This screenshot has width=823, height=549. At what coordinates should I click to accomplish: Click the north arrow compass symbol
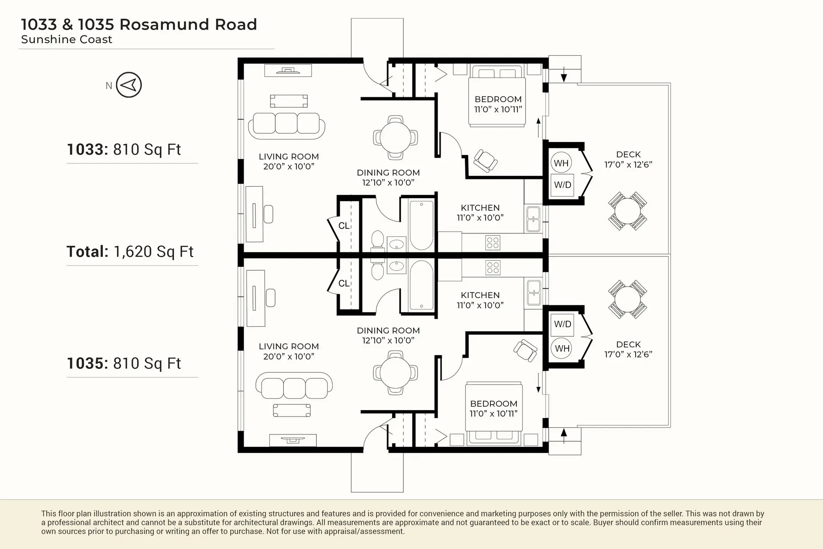[129, 85]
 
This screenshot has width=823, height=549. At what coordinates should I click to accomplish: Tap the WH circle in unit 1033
[561, 163]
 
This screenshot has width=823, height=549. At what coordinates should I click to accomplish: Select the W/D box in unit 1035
[562, 324]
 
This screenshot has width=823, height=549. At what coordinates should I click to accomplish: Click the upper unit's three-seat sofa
[286, 125]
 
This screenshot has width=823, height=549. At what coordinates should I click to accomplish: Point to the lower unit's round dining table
[395, 372]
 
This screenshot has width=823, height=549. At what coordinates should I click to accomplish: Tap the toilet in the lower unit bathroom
[378, 270]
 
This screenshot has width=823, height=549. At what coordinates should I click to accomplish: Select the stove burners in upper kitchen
[493, 243]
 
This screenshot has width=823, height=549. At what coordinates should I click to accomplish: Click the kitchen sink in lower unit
[534, 293]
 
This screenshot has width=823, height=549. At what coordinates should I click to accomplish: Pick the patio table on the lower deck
[627, 299]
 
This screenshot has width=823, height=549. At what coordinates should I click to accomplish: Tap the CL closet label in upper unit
[344, 226]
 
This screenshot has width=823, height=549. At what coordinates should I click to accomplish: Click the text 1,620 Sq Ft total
[153, 252]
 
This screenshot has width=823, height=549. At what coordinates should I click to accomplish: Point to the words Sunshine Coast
[66, 39]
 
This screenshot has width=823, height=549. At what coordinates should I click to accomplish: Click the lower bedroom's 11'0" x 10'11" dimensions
[493, 413]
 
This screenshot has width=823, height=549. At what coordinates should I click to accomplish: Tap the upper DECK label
[628, 154]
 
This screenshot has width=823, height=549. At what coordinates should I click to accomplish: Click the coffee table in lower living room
[292, 410]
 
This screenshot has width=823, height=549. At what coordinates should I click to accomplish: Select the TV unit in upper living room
[288, 70]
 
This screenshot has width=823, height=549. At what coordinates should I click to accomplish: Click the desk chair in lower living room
[270, 298]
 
